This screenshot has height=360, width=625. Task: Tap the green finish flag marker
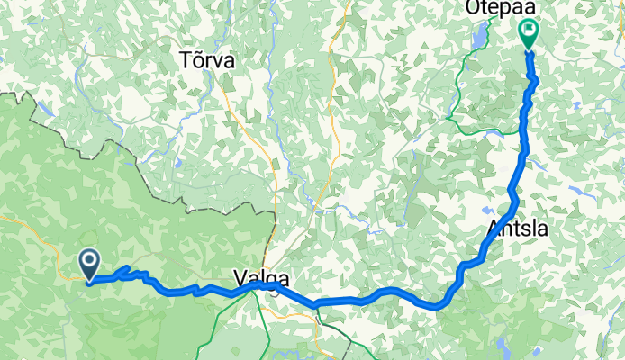coord(529,33)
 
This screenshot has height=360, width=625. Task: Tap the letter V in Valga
coord(239,275)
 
